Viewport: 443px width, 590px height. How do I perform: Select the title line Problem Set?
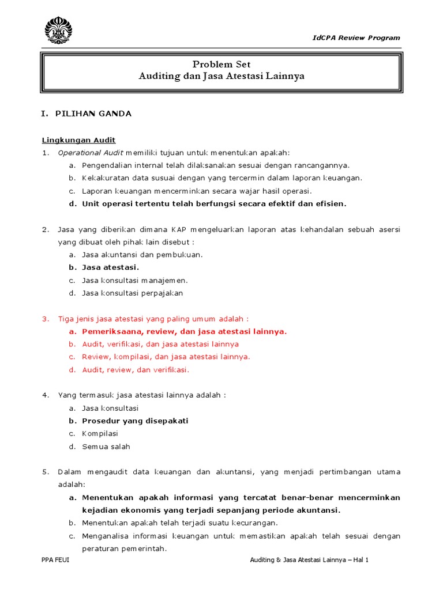point(221,65)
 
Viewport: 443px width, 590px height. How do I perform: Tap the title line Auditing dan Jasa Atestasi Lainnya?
point(221,76)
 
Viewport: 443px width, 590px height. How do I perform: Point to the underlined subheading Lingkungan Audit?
point(78,140)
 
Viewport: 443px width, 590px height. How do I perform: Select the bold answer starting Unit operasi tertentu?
point(214,203)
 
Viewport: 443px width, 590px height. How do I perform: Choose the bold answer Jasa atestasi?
point(110,267)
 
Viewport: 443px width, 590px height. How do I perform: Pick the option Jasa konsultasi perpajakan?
point(132,293)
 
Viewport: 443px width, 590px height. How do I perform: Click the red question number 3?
point(45,319)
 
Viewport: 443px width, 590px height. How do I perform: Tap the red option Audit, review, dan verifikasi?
point(136,369)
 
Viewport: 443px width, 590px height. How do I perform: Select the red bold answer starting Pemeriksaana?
point(184,331)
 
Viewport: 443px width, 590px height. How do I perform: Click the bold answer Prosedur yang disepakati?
point(135,421)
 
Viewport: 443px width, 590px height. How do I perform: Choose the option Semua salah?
point(106,446)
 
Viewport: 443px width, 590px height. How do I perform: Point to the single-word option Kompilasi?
point(100,433)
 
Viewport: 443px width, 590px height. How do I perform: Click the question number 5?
point(45,472)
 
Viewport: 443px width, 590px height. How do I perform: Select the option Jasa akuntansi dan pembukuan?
point(142,255)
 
